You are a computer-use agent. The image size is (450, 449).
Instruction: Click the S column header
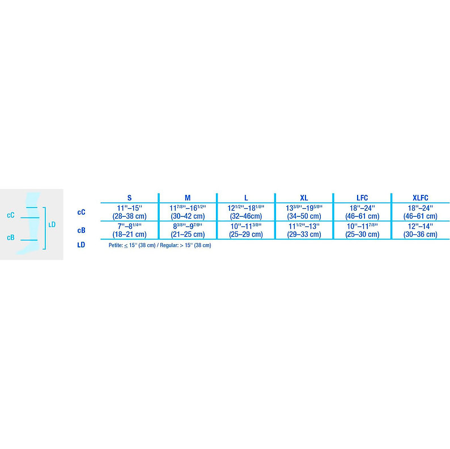click(x=129, y=198)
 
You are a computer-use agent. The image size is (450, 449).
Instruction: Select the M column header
click(x=188, y=198)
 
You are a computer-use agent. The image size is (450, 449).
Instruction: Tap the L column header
click(x=246, y=198)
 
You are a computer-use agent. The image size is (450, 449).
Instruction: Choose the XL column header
click(x=304, y=198)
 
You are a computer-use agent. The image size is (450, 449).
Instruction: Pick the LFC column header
click(x=362, y=198)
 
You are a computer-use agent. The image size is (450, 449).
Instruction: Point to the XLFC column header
click(x=420, y=198)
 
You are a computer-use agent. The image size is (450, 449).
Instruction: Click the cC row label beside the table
click(x=81, y=212)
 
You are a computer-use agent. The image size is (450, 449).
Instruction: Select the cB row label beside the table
click(x=81, y=230)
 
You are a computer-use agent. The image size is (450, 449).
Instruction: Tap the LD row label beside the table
click(x=81, y=245)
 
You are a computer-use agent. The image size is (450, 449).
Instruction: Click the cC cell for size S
click(x=129, y=212)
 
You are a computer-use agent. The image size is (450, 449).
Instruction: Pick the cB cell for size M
click(x=188, y=230)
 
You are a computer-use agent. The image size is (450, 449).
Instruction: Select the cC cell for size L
click(x=246, y=212)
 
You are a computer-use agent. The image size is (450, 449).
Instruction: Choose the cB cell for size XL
click(x=304, y=230)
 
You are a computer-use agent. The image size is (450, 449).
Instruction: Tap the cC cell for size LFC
click(x=362, y=212)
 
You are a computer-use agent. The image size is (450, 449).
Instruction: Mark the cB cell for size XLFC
click(x=420, y=230)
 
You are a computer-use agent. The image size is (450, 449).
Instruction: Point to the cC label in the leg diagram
click(x=11, y=215)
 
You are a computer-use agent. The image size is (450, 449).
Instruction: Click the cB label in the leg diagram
click(x=11, y=238)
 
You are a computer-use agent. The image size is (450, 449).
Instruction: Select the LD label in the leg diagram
click(x=52, y=225)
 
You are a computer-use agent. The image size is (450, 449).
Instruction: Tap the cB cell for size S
click(x=129, y=230)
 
